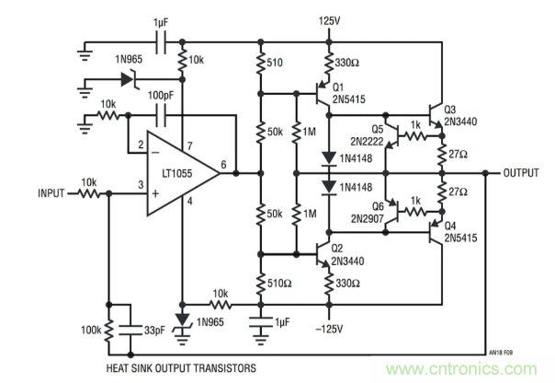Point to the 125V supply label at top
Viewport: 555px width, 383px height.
pos(330,19)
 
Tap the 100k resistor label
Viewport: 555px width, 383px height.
pos(91,329)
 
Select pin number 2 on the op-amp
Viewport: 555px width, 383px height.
pos(141,144)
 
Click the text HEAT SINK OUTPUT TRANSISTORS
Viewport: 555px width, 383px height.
pos(176,366)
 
